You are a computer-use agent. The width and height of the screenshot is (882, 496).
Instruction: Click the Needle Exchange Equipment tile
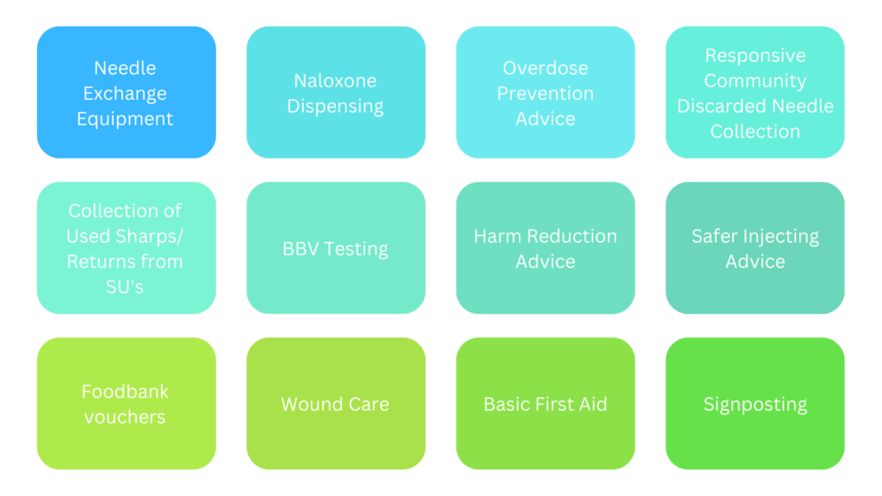point(127,92)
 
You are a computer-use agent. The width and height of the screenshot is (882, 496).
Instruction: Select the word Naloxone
point(335,80)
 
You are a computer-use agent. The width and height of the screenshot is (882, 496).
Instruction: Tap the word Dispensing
point(335,106)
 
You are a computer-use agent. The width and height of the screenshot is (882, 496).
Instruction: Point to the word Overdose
point(545,68)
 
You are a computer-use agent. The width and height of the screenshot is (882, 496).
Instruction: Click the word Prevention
point(545,93)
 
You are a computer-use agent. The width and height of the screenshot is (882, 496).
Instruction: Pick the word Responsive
point(755,56)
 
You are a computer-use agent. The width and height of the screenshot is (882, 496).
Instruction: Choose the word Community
point(755,81)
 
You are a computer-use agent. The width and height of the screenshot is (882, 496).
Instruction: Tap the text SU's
point(125,287)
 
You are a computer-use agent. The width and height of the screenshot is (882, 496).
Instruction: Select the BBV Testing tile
point(336,248)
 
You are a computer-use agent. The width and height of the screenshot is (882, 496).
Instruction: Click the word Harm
point(497,236)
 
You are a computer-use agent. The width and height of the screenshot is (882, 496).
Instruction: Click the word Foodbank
point(125,392)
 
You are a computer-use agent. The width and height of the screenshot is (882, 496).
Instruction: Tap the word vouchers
point(125,417)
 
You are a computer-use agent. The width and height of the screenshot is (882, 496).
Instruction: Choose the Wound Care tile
point(336,403)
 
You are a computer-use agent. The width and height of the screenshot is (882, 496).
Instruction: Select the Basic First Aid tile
point(545,403)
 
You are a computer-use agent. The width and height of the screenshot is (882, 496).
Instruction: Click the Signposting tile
point(755,403)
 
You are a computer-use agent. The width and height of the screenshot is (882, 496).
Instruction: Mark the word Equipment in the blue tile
point(125,119)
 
